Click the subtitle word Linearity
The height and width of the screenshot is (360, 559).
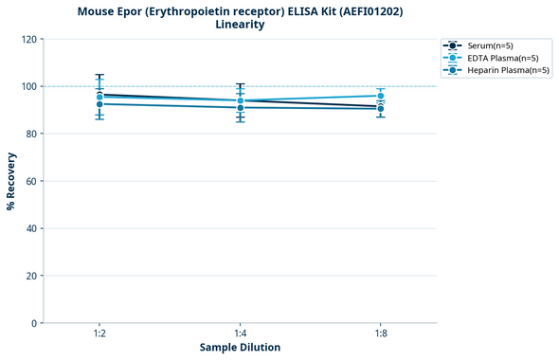point(240,25)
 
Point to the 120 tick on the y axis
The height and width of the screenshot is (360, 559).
point(28,39)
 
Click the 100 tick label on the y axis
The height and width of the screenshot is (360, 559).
point(28,86)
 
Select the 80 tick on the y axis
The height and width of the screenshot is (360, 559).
point(31,134)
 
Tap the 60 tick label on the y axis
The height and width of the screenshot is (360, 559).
point(31,181)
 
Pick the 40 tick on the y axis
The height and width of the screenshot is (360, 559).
point(31,228)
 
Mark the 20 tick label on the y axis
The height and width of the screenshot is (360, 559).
point(31,276)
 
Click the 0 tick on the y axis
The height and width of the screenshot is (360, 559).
point(34,323)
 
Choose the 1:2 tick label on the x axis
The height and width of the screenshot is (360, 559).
point(99,334)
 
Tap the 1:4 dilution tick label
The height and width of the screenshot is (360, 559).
point(240,334)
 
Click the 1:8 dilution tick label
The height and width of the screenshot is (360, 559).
point(380,334)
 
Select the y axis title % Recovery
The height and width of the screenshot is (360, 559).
point(11,181)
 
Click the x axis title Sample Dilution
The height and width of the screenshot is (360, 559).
point(240,348)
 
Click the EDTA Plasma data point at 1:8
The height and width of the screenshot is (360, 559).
point(380,96)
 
